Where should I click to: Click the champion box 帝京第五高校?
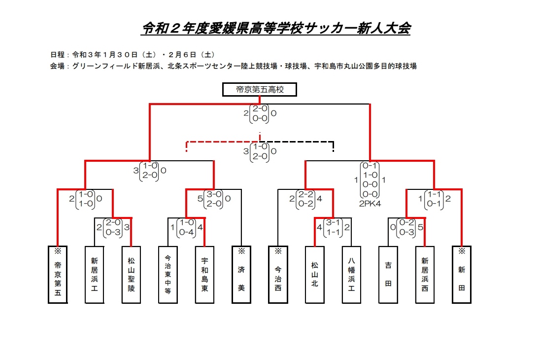pyautogui.click(x=259, y=90)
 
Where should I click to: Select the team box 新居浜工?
pyautogui.click(x=95, y=274)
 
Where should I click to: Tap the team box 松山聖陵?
pyautogui.click(x=131, y=274)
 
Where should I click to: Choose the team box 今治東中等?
pyautogui.click(x=168, y=274)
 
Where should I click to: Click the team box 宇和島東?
pyautogui.click(x=204, y=274)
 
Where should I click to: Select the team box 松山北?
pyautogui.click(x=314, y=274)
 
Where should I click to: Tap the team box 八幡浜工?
pyautogui.click(x=351, y=274)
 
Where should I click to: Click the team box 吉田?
pyautogui.click(x=388, y=274)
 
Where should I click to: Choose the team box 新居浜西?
pyautogui.click(x=424, y=274)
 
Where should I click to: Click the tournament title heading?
pyautogui.click(x=275, y=29)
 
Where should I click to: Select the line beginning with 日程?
pyautogui.click(x=132, y=54)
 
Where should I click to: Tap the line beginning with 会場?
pyautogui.click(x=234, y=66)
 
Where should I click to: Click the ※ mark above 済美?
pyautogui.click(x=241, y=251)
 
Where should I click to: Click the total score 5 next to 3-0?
pyautogui.click(x=201, y=199)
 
